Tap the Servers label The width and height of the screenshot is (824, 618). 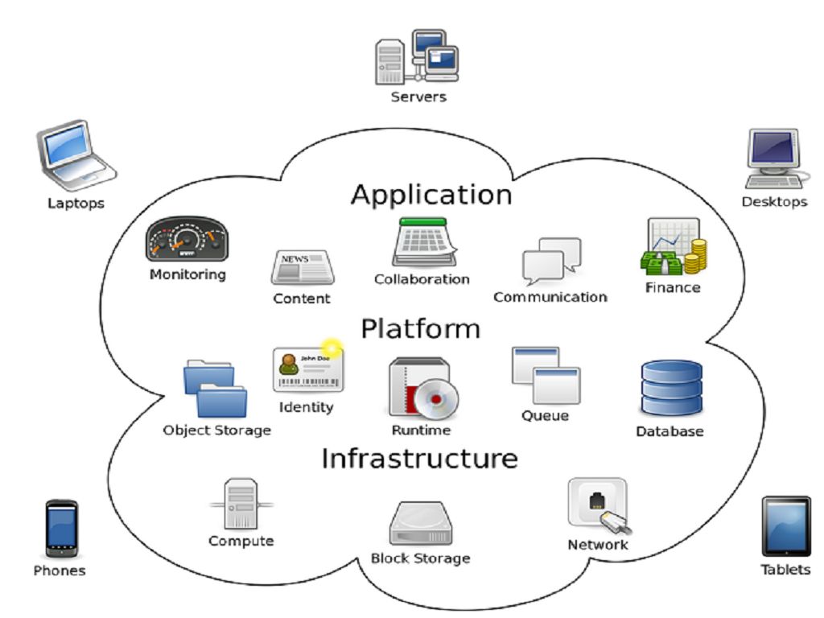point(418,97)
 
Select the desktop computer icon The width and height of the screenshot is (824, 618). point(773,158)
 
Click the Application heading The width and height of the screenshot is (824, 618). point(431,195)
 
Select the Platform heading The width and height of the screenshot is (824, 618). point(420,328)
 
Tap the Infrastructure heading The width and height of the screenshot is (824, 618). point(419,459)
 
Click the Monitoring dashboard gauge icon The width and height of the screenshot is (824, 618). point(187,239)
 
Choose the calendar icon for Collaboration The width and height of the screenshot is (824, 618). point(423,242)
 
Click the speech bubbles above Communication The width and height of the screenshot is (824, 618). point(551,260)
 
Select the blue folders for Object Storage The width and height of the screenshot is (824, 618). point(215,389)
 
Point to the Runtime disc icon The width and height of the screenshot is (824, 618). point(422,389)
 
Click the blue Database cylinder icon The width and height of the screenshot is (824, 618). point(671,388)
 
